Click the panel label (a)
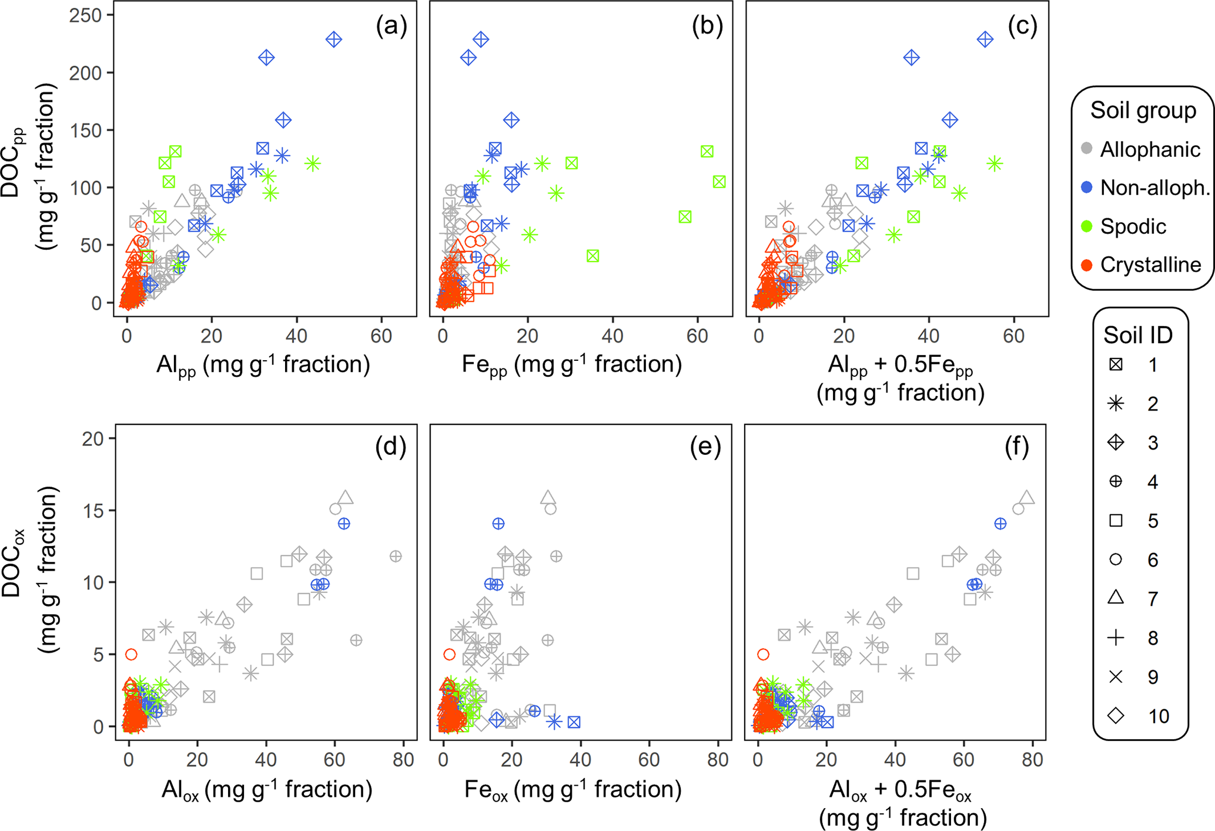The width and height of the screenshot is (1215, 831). (x=391, y=26)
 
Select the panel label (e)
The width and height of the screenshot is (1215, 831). (x=705, y=447)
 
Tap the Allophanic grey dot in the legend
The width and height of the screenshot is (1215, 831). (x=1087, y=149)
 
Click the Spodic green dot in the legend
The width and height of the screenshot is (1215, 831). (x=1087, y=226)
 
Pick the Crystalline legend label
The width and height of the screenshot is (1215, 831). (x=1150, y=265)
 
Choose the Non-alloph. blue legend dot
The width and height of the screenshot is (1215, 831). (x=1087, y=187)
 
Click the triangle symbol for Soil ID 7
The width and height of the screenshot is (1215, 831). (x=1116, y=598)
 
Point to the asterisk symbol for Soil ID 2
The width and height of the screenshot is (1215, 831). (x=1116, y=403)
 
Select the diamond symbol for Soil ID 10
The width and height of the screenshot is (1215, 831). (x=1116, y=715)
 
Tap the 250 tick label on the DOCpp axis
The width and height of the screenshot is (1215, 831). (x=86, y=15)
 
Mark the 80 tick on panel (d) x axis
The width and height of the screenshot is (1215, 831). (x=403, y=759)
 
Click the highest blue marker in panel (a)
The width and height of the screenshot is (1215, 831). (x=334, y=40)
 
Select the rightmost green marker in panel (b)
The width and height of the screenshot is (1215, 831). (x=719, y=182)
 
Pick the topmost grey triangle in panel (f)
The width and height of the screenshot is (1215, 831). (x=1027, y=497)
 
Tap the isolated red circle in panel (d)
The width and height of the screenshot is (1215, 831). (x=132, y=654)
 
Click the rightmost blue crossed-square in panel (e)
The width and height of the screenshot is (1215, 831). (x=574, y=722)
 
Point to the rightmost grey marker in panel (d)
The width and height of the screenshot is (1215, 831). (x=396, y=556)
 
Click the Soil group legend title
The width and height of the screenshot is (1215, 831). (x=1143, y=110)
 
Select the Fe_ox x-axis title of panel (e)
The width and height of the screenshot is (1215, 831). (x=573, y=789)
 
